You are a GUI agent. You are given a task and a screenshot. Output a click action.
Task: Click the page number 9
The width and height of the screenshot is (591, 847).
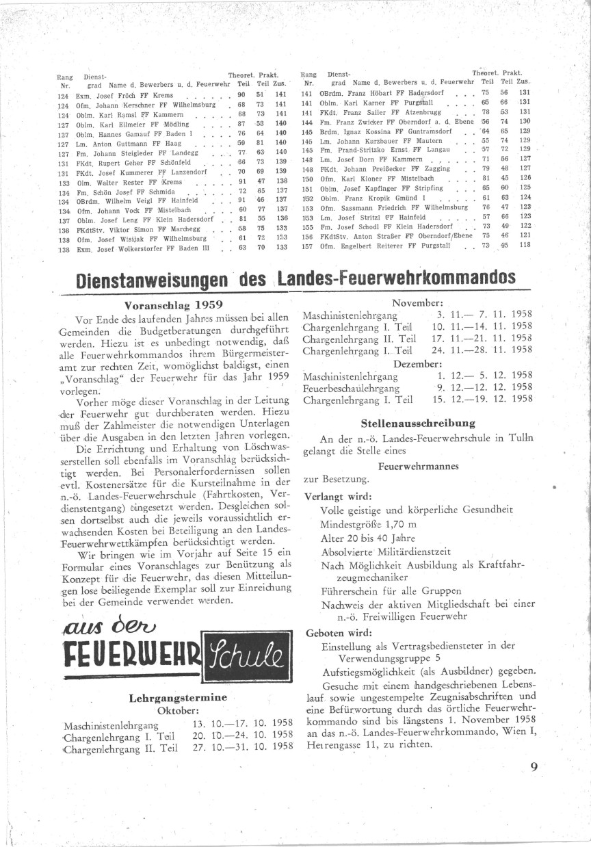pyautogui.click(x=534, y=766)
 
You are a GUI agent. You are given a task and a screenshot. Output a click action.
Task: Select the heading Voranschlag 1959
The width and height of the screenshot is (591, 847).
pyautogui.click(x=174, y=304)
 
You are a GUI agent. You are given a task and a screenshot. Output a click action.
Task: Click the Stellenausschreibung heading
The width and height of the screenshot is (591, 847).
pyautogui.click(x=418, y=423)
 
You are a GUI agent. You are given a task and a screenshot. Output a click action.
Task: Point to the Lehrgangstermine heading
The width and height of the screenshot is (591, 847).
pyautogui.click(x=178, y=698)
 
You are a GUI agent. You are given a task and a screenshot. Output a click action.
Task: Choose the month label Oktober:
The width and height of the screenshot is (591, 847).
pyautogui.click(x=178, y=710)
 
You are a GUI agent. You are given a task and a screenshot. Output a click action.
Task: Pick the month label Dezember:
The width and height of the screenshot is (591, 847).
pyautogui.click(x=417, y=363)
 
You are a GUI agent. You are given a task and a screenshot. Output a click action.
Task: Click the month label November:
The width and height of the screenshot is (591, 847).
pyautogui.click(x=417, y=302)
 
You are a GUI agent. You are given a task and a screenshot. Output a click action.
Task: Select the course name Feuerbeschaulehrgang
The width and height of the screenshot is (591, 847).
pyautogui.click(x=348, y=388)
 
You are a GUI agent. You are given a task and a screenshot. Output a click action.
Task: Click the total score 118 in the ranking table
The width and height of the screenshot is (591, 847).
pyautogui.click(x=525, y=246)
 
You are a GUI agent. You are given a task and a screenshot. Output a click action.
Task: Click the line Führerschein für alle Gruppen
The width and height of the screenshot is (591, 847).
pyautogui.click(x=391, y=590)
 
